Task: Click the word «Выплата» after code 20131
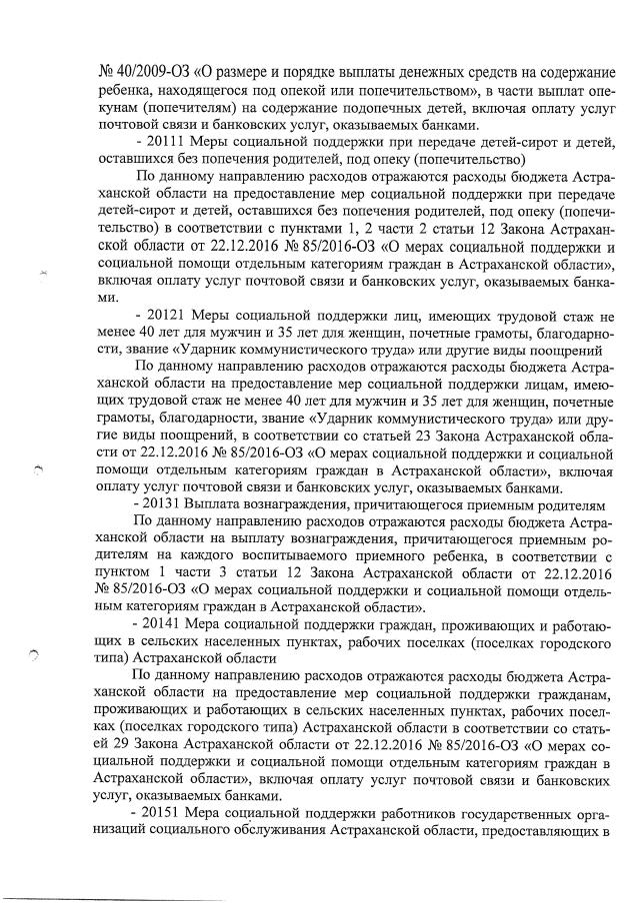point(221,504)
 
